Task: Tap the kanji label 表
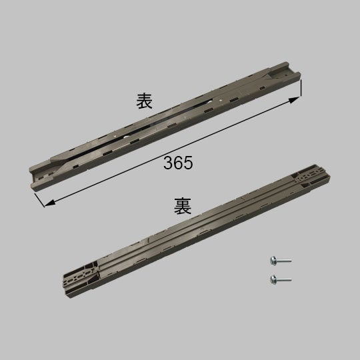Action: click(145, 101)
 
